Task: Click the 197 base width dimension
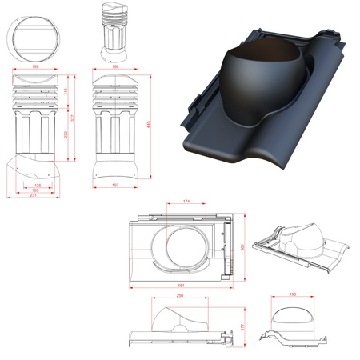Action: point(116,186)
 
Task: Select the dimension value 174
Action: point(186,202)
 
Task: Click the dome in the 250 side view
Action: point(181,318)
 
